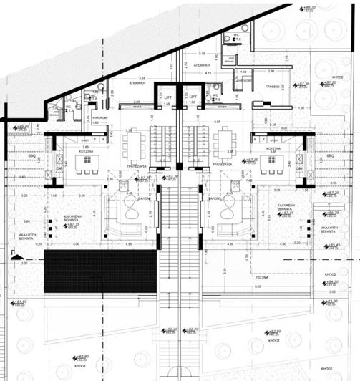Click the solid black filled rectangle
click(x=99, y=271)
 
